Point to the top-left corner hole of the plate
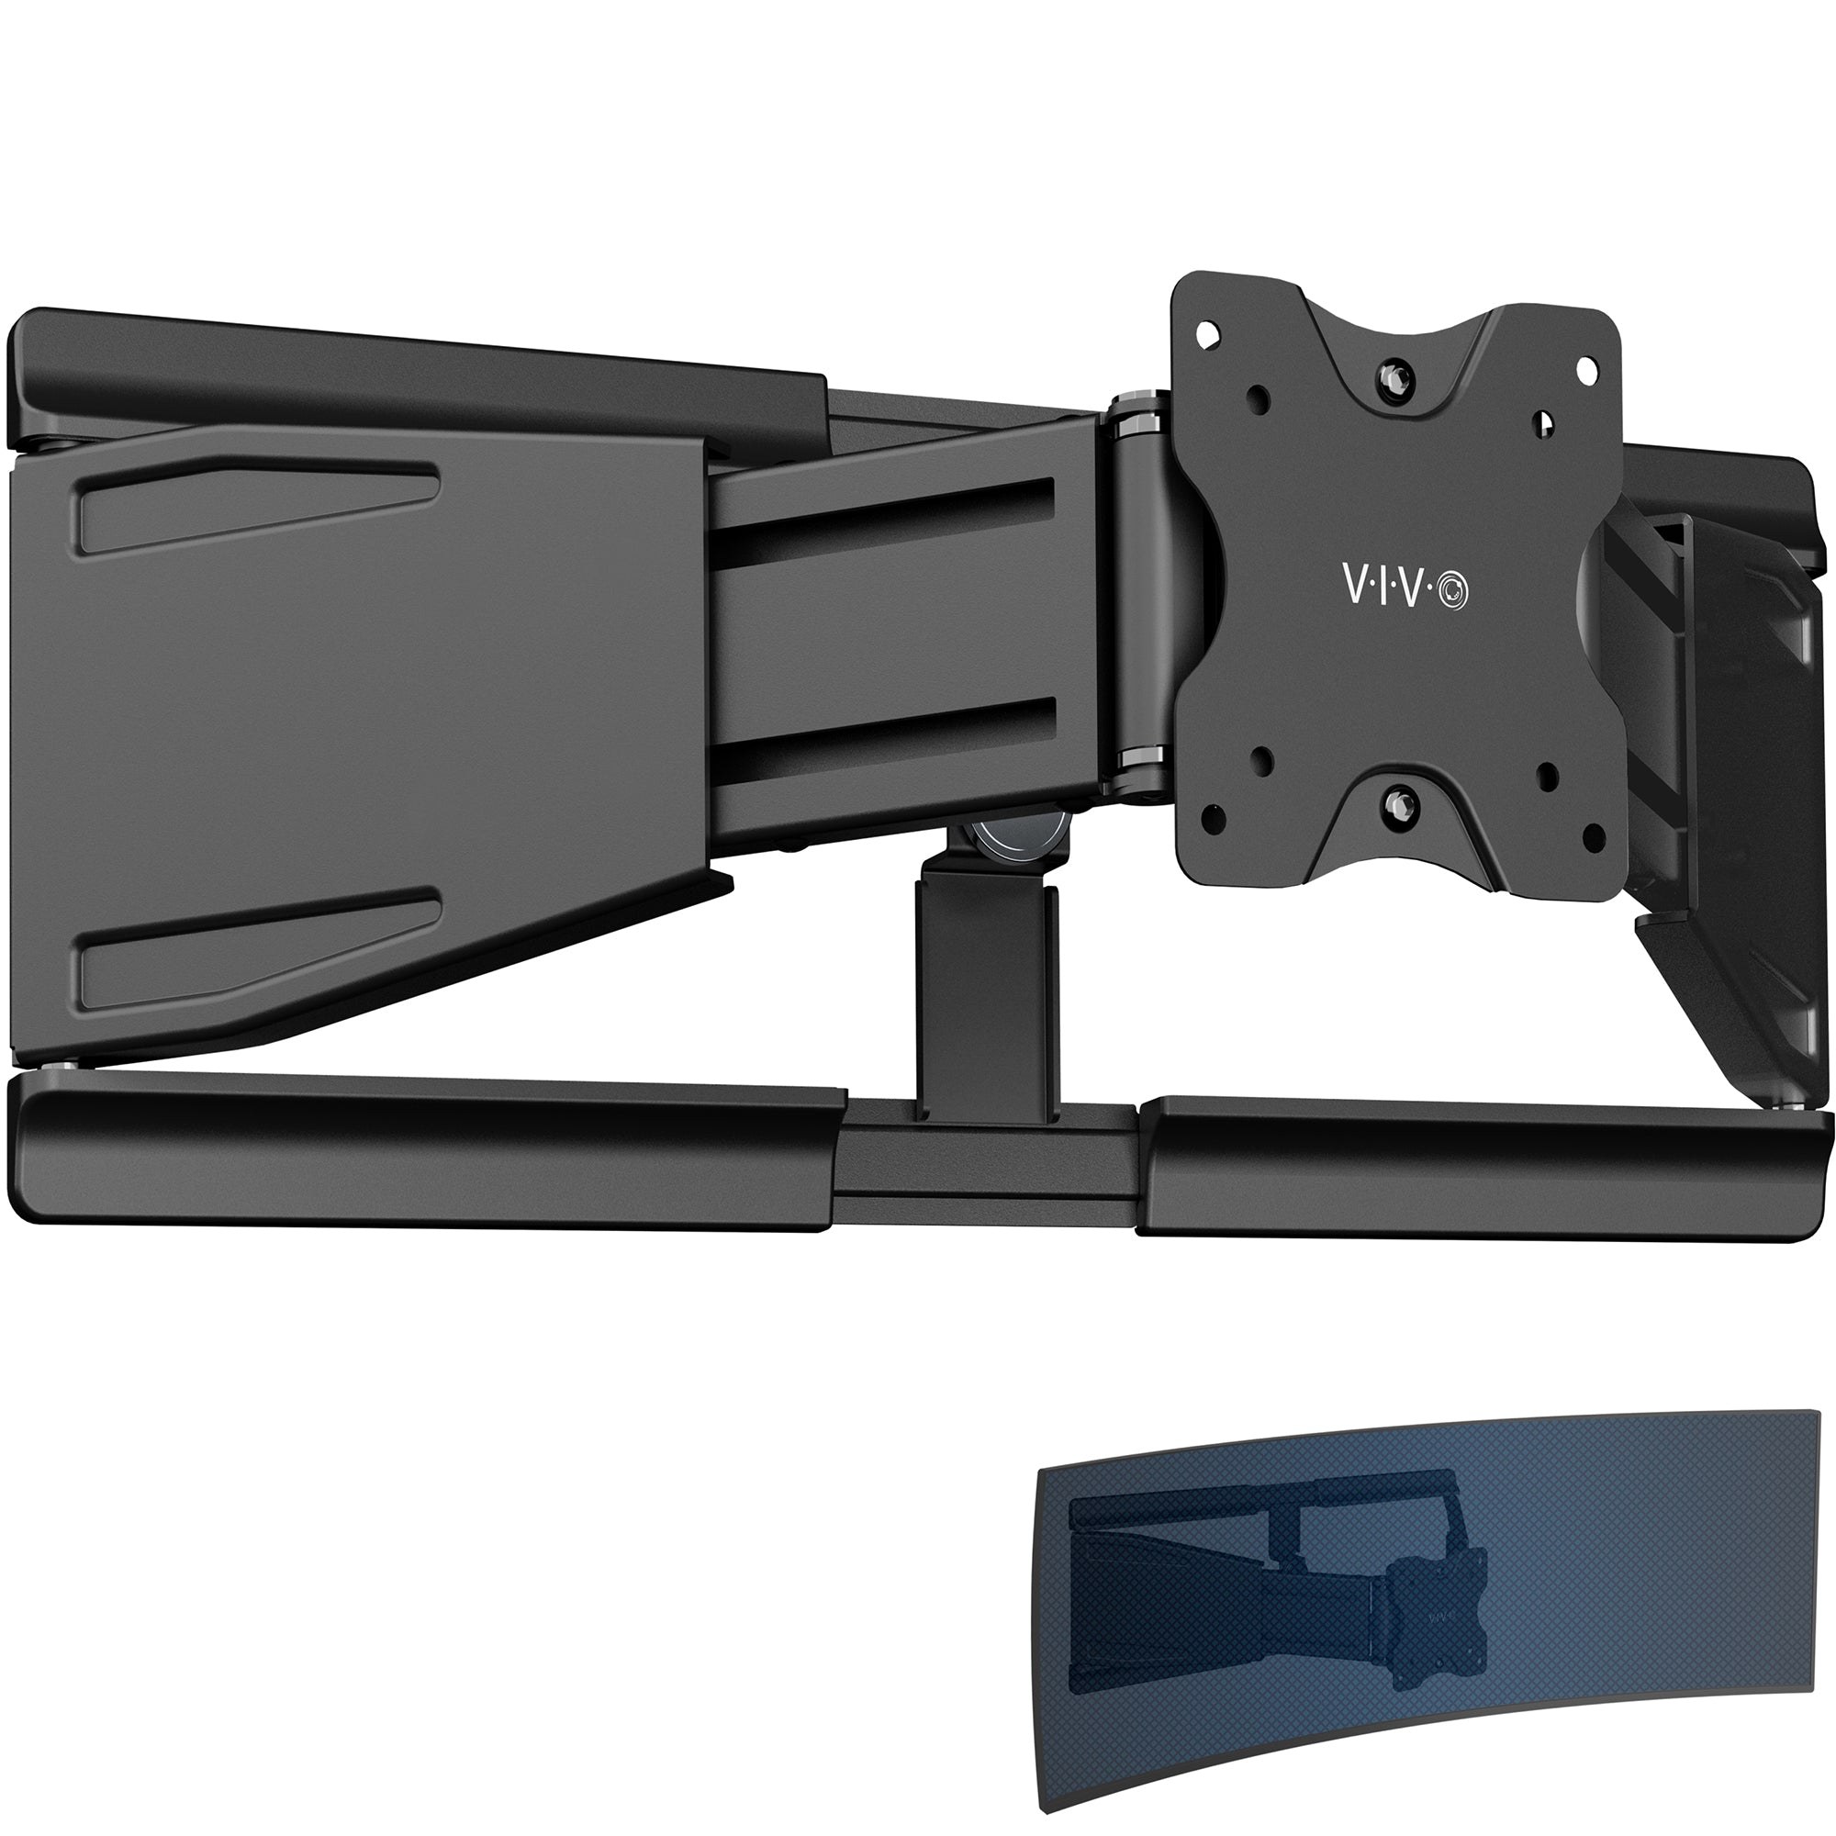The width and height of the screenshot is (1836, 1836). (x=1208, y=334)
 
